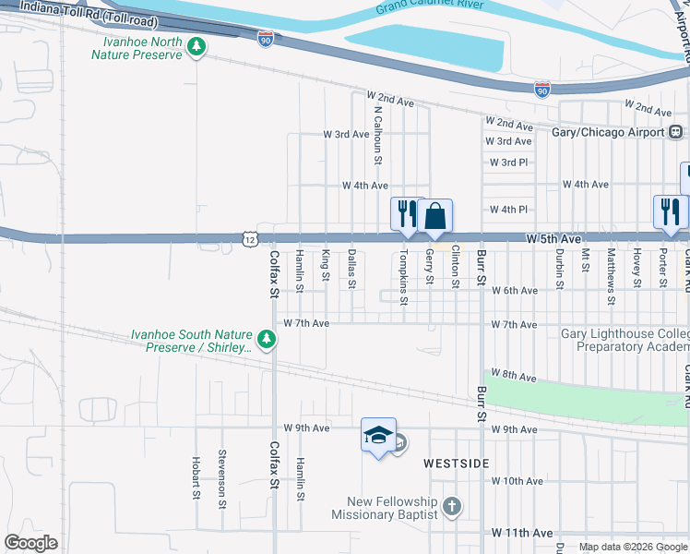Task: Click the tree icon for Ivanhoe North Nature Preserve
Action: (196, 47)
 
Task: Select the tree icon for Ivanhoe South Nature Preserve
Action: (268, 340)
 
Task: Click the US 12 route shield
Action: (250, 239)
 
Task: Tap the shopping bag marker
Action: (435, 217)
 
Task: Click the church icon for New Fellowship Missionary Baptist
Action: (451, 506)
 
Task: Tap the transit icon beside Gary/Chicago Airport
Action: (676, 132)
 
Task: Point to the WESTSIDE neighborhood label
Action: (457, 463)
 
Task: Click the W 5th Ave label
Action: (554, 239)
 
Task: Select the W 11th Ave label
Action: (522, 533)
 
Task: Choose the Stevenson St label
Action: (222, 478)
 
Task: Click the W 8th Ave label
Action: (514, 377)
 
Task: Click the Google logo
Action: (30, 543)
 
